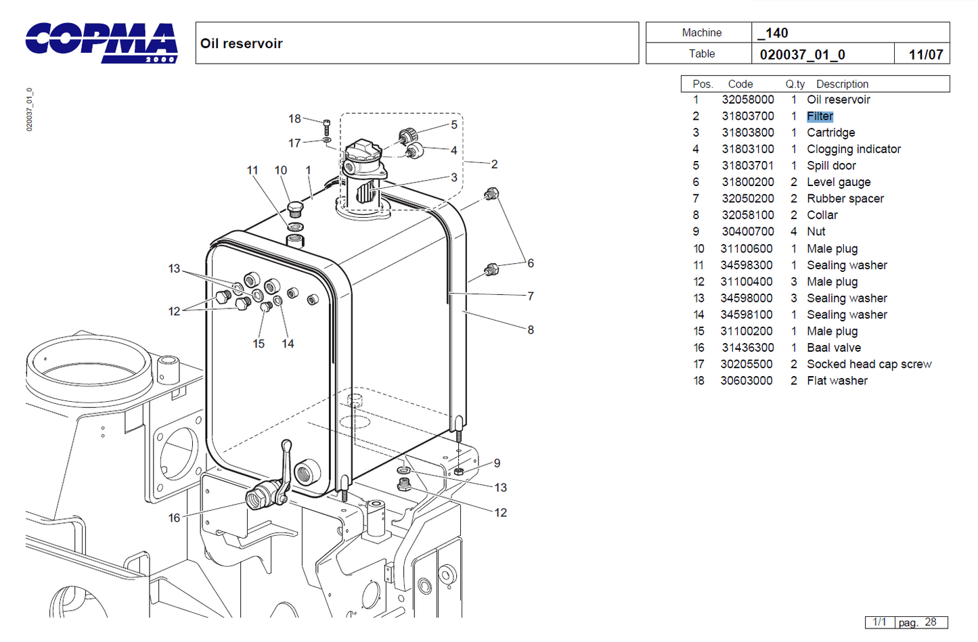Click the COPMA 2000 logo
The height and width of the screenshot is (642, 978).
102,43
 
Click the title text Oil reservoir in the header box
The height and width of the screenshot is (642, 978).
241,44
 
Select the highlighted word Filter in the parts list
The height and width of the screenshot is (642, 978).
820,116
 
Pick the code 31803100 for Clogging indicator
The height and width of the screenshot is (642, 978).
747,150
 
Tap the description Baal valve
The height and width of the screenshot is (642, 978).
834,348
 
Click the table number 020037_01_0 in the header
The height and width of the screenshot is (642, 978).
803,55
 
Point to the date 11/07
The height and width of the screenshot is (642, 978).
926,55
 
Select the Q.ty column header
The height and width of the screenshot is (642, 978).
795,85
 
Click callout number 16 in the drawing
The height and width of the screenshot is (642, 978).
174,518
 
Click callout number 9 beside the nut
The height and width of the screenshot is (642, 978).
497,463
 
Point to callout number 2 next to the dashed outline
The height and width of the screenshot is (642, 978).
494,164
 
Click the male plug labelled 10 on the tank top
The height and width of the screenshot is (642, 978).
295,209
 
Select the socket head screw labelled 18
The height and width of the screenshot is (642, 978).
327,127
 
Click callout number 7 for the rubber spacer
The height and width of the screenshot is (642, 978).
531,296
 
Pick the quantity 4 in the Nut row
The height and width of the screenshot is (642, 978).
794,232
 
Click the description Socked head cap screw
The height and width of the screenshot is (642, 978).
869,365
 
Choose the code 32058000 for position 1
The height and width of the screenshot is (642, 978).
747,100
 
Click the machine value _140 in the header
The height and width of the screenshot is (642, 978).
773,33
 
